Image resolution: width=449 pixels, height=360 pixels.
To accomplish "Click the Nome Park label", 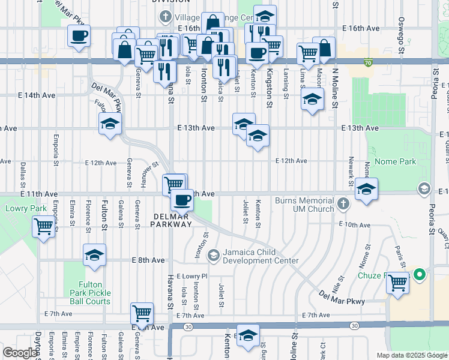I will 395,161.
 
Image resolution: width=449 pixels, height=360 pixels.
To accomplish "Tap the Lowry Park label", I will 17,209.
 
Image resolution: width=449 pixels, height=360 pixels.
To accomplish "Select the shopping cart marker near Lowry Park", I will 43,227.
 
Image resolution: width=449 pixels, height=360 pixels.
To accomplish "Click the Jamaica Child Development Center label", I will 261,256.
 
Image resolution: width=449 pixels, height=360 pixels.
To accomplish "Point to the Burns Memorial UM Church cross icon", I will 343,204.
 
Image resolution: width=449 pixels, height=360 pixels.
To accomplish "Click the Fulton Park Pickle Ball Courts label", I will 94,293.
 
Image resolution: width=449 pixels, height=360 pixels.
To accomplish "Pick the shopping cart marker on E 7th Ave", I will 142,313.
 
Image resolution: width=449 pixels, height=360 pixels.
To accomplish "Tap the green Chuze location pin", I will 420,275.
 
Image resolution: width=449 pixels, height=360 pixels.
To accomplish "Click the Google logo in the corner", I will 19,353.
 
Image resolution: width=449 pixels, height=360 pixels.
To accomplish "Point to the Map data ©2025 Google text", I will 412,355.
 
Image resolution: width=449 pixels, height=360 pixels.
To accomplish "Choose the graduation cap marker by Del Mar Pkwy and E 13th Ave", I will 110,124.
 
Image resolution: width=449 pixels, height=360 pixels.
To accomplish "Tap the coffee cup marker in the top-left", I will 79,37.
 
